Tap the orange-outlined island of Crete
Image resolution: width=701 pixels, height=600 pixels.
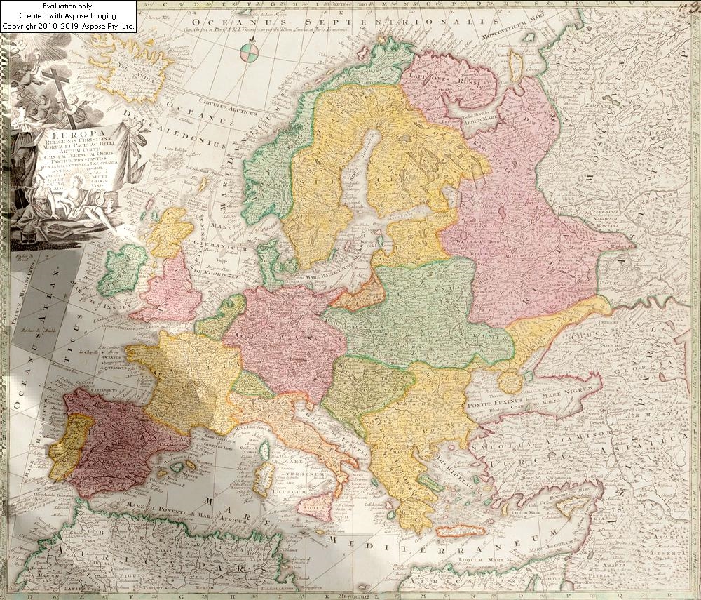pyautogui.click(x=458, y=531)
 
